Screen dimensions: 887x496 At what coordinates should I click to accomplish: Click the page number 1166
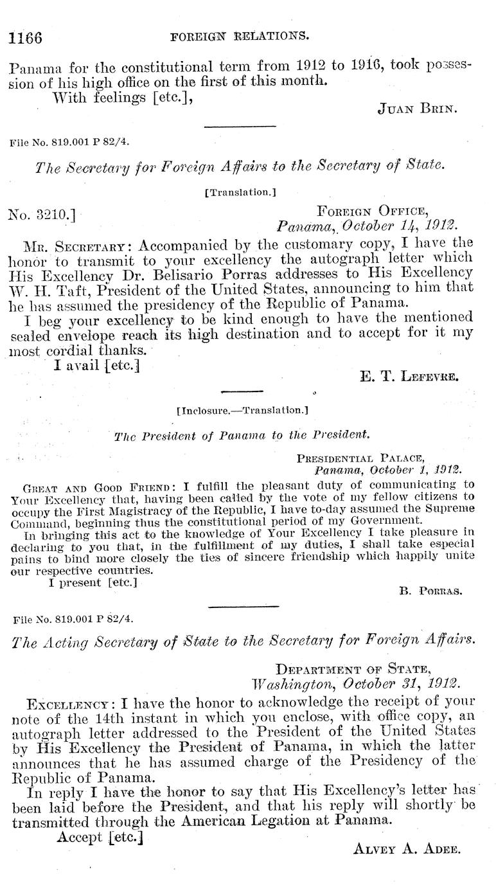point(25,37)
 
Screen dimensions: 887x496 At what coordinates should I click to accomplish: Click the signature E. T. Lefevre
point(409,377)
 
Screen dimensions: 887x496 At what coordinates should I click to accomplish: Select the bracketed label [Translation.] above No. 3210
point(241,191)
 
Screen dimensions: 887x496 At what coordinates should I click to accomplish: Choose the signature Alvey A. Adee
point(407,848)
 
